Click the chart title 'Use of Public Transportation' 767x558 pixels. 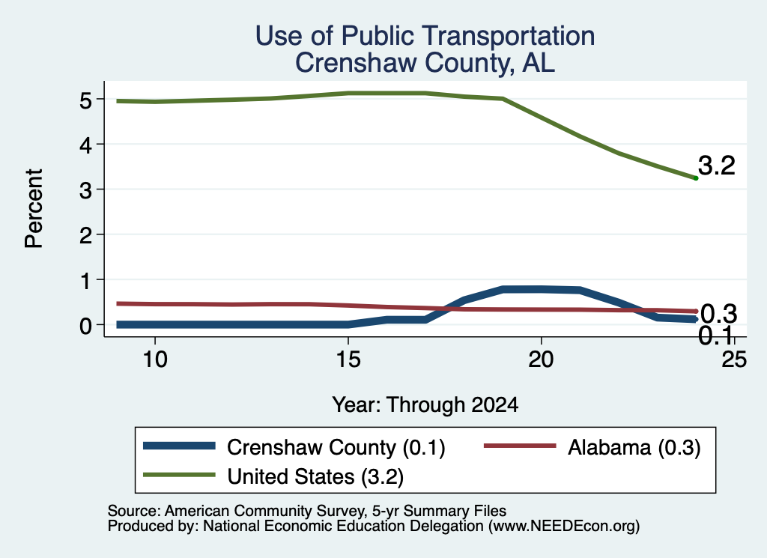425,36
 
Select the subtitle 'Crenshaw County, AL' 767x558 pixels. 425,63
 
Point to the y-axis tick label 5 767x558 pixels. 85,100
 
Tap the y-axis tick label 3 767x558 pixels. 85,190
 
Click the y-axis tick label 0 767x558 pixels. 85,326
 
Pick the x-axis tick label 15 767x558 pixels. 348,360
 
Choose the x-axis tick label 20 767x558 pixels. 541,360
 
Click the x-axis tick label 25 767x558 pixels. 734,360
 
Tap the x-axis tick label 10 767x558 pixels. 155,360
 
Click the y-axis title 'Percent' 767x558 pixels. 34,209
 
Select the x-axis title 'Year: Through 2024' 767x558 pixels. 425,405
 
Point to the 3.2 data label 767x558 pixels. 717,166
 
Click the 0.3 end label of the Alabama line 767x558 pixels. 718,314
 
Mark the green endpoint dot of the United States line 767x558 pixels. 696,178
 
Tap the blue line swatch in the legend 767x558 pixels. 179,446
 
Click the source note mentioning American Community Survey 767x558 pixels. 306,511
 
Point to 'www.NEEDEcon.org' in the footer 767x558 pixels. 563,527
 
